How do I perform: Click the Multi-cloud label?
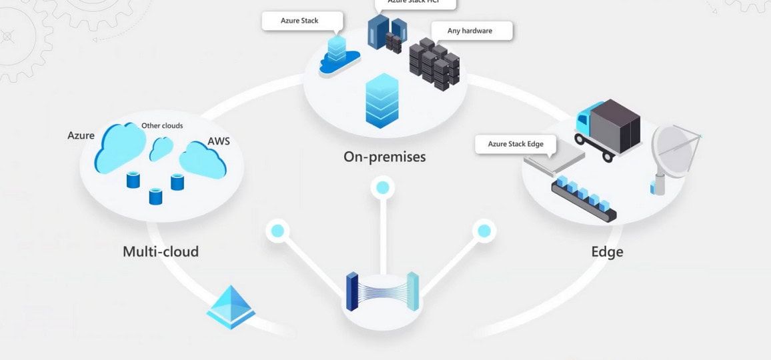pyautogui.click(x=161, y=252)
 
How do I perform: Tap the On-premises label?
pyautogui.click(x=384, y=157)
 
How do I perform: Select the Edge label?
pyautogui.click(x=607, y=252)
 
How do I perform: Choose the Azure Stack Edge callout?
pyautogui.click(x=516, y=144)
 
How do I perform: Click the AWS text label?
pyautogui.click(x=219, y=141)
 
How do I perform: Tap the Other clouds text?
pyautogui.click(x=162, y=125)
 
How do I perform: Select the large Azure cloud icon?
pyautogui.click(x=120, y=147)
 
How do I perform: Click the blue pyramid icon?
pyautogui.click(x=231, y=307)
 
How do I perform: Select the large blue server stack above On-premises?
pyautogui.click(x=382, y=100)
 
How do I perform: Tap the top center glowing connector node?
pyautogui.click(x=382, y=187)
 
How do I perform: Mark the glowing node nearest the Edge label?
pyautogui.click(x=484, y=231)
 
